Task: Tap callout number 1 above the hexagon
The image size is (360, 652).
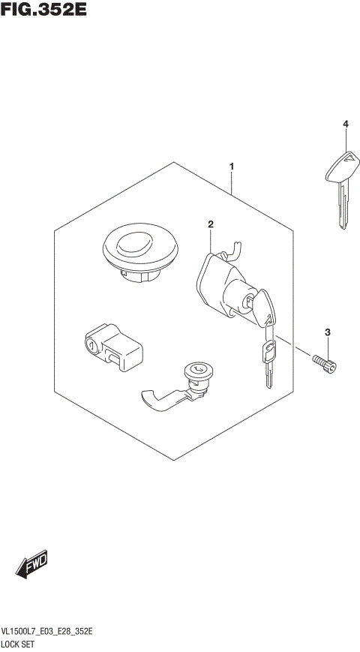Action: click(232, 166)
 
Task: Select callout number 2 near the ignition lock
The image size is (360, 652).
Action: click(211, 224)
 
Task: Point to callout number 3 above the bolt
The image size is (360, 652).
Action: click(328, 332)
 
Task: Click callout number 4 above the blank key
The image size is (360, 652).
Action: click(346, 124)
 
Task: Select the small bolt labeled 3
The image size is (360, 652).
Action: click(325, 363)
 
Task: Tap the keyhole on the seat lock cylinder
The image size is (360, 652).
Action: click(197, 368)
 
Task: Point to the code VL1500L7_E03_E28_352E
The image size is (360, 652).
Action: click(46, 632)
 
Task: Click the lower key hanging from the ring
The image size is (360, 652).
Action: click(268, 359)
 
